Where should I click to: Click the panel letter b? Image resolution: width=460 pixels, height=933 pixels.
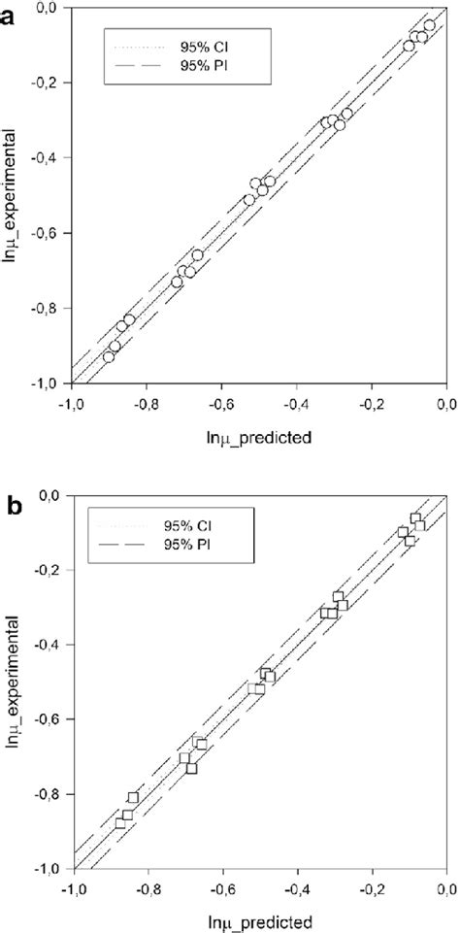pos(9,507)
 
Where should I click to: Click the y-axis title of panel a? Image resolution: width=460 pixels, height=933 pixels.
pos(12,196)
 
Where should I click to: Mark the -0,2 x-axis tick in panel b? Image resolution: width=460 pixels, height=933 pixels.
pos(372,885)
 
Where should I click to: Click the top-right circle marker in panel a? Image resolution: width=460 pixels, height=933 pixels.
pos(429,26)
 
